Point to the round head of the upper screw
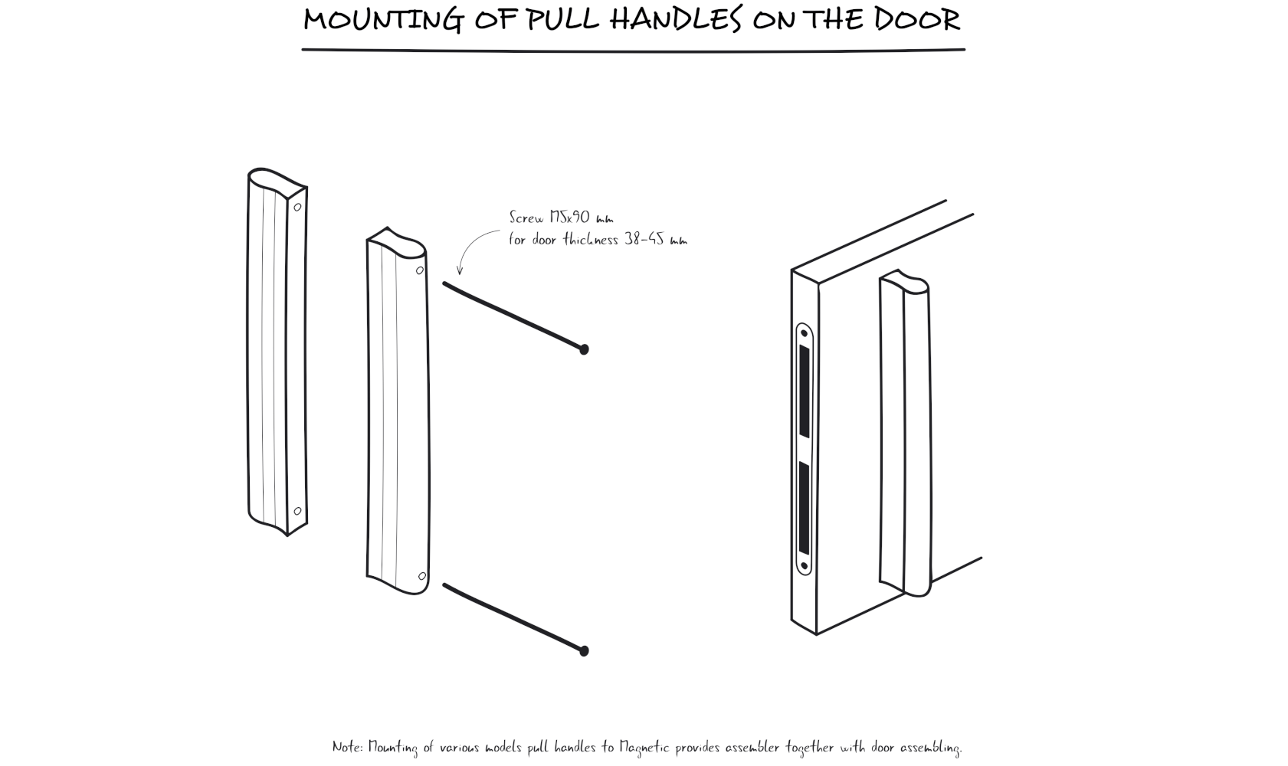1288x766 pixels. click(x=584, y=349)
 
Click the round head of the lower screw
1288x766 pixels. click(x=584, y=651)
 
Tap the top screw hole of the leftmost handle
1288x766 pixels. click(x=297, y=207)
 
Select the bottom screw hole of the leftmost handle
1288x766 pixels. click(x=297, y=511)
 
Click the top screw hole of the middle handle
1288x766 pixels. click(x=419, y=270)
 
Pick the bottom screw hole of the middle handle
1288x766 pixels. click(x=421, y=576)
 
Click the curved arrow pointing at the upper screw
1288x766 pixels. click(x=471, y=245)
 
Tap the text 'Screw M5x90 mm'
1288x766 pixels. click(x=561, y=218)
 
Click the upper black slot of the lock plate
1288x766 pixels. click(x=804, y=391)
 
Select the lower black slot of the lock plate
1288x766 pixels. click(x=804, y=507)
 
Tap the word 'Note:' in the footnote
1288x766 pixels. click(x=348, y=746)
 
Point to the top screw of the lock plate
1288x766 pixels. click(x=804, y=334)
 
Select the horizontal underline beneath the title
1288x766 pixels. click(x=633, y=50)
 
